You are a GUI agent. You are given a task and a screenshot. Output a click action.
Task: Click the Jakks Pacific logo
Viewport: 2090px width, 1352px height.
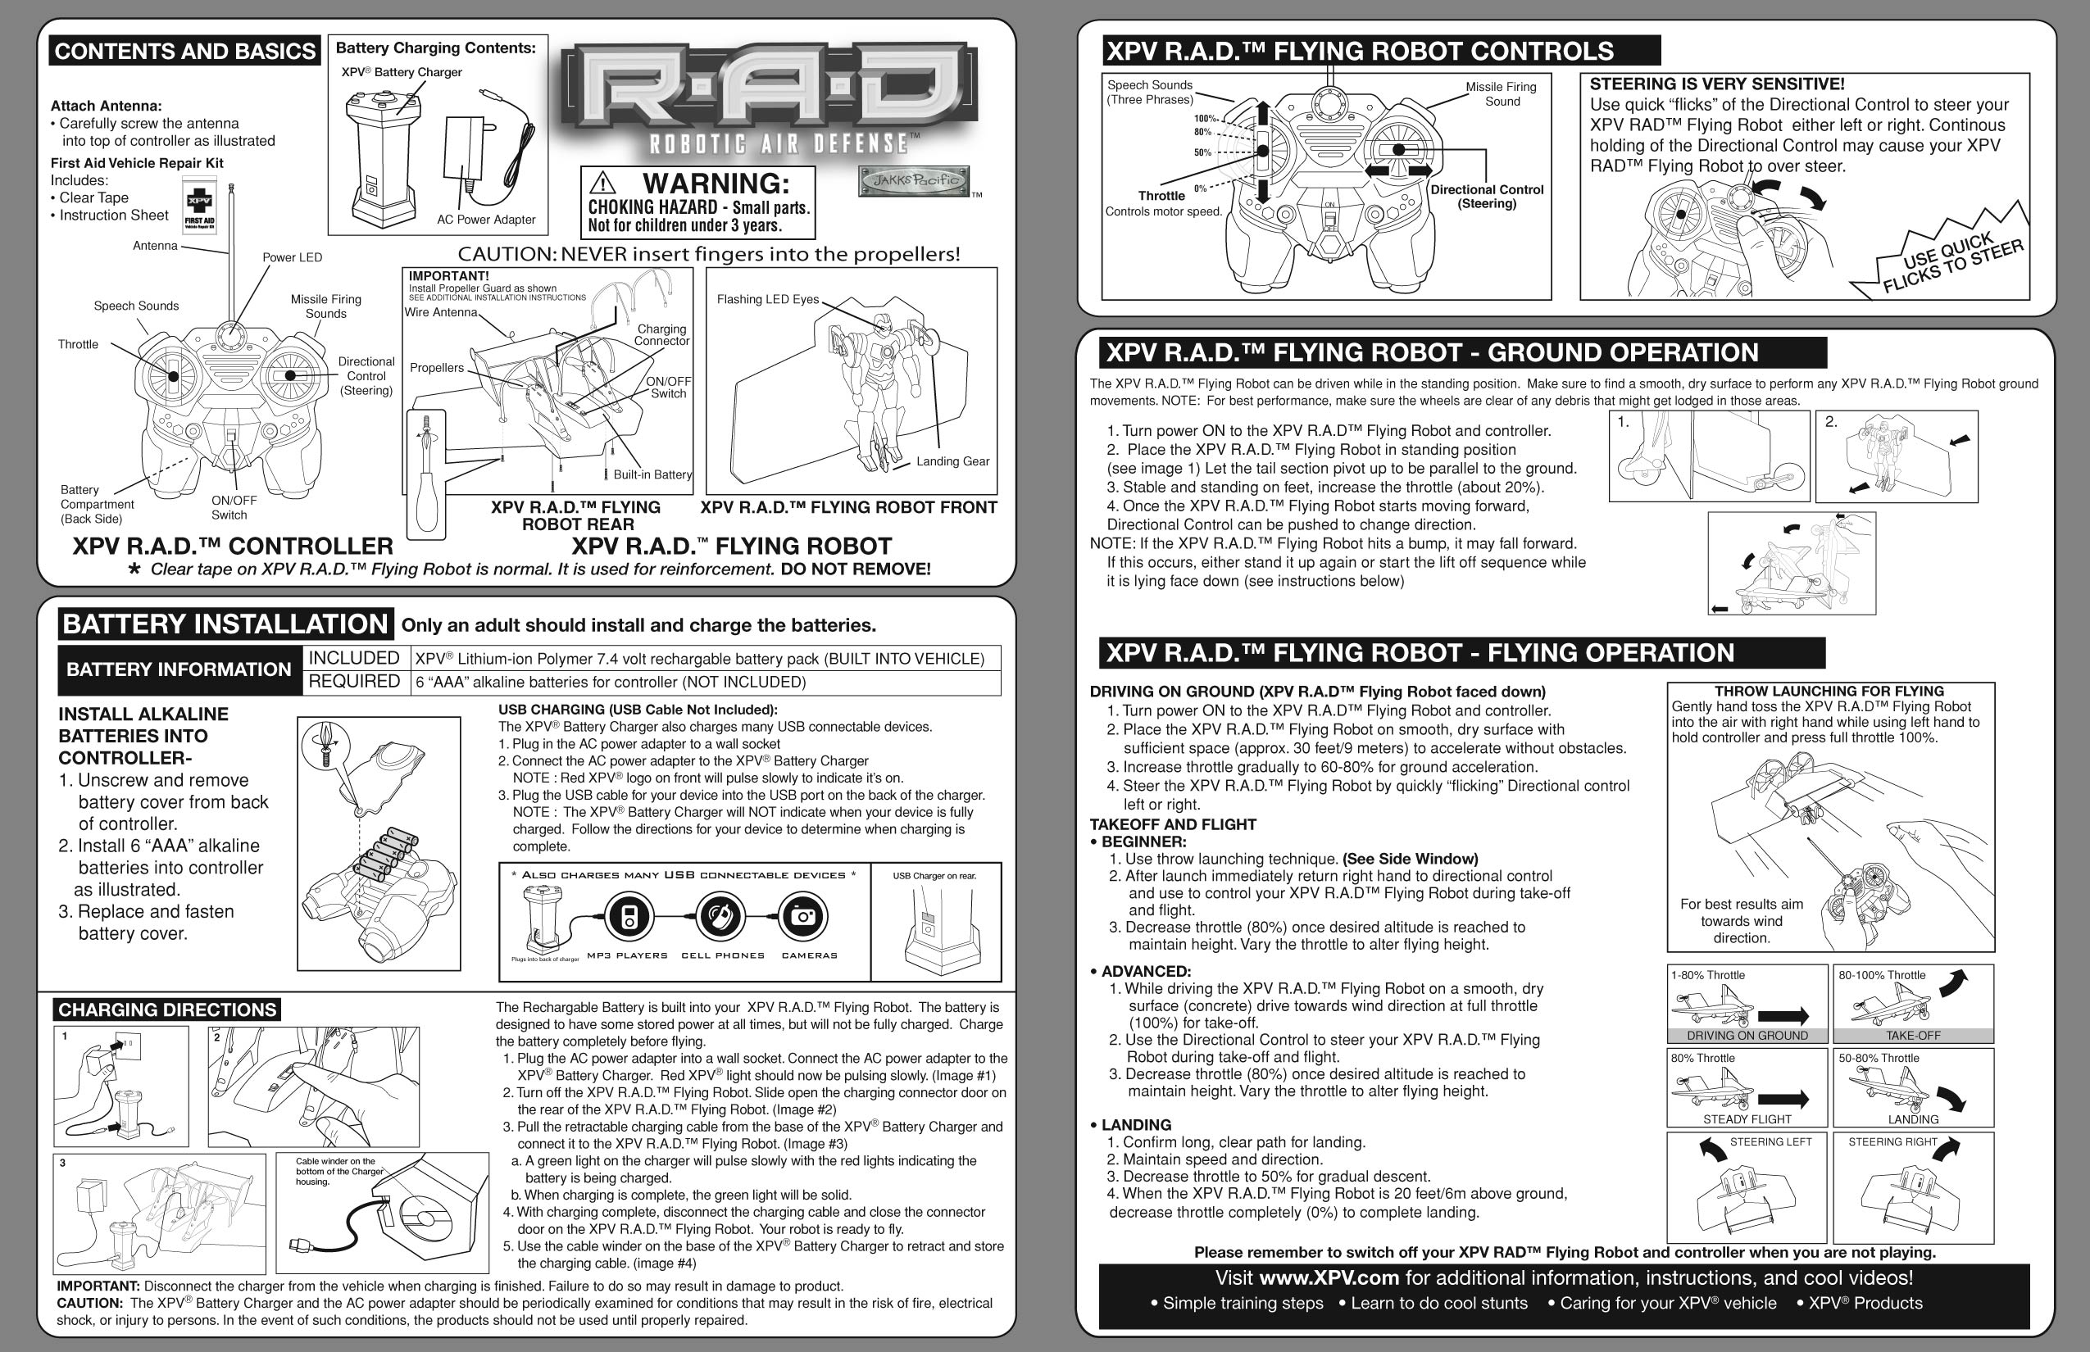point(913,180)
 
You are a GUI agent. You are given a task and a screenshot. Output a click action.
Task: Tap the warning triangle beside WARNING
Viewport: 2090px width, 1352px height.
point(602,183)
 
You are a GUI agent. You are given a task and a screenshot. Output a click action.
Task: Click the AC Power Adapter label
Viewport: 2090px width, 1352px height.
point(485,220)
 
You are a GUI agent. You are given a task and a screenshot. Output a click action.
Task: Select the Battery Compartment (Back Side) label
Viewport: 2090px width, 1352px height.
point(97,504)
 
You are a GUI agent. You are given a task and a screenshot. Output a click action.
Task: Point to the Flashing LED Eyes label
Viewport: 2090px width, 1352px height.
point(767,299)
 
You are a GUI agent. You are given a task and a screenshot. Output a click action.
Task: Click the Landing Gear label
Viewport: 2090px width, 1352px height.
point(952,460)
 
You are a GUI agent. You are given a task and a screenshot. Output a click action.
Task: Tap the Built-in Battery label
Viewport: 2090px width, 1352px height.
point(652,474)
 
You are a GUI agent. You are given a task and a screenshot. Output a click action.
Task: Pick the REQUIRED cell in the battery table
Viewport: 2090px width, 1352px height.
point(354,681)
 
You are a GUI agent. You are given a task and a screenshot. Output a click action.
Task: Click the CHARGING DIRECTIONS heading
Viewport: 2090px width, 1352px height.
point(167,1009)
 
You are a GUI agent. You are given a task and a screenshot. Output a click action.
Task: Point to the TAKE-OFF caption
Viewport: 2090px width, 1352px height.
point(1913,1036)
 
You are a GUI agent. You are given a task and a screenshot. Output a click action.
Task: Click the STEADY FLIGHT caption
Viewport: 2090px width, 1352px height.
point(1747,1119)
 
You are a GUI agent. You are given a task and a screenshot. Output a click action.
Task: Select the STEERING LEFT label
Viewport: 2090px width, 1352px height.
point(1770,1142)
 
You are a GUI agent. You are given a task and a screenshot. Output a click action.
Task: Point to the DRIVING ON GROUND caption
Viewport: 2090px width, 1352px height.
point(1747,1036)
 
